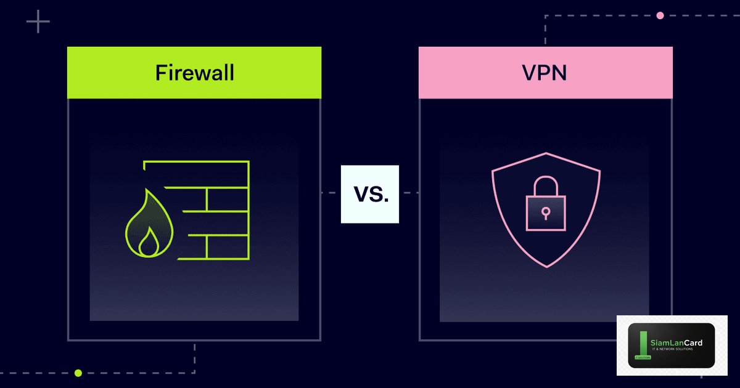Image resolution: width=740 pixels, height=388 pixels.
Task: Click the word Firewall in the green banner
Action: click(x=194, y=73)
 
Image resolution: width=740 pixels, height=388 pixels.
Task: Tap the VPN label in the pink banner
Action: click(x=545, y=73)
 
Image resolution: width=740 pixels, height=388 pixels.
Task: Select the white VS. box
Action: click(x=370, y=194)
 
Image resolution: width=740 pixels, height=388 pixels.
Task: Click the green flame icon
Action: click(x=147, y=225)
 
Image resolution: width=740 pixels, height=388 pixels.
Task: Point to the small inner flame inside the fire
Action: click(x=147, y=243)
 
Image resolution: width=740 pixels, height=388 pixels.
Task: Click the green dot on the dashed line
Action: click(x=78, y=373)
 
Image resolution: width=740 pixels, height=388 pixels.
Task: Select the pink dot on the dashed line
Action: click(x=660, y=15)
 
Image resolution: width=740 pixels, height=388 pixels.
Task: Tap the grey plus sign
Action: click(x=38, y=22)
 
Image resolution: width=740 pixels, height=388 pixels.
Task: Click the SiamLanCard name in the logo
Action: click(x=676, y=343)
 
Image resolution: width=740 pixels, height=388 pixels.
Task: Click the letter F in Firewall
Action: click(x=160, y=73)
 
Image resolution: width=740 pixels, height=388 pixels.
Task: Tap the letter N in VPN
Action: click(x=559, y=73)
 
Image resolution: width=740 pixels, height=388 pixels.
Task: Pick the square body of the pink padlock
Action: click(x=545, y=212)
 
